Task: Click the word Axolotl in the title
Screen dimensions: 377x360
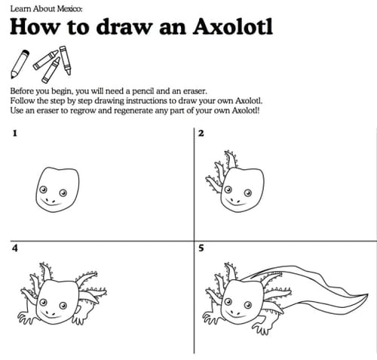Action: coord(233,26)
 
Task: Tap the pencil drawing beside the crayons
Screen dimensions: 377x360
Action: coord(20,64)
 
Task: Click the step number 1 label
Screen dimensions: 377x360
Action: coord(15,133)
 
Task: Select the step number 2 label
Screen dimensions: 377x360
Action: coord(201,133)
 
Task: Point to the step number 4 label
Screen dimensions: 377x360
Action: coord(15,248)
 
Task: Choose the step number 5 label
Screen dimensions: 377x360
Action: coord(201,248)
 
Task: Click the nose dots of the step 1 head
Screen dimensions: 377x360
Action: coord(51,201)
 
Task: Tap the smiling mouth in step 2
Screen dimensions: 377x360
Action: coord(235,202)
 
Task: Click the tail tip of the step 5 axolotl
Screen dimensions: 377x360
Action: coord(367,294)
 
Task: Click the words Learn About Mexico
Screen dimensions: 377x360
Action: coord(46,9)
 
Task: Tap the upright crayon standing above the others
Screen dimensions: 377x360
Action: coord(65,60)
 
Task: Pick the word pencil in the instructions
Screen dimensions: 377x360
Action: coord(143,91)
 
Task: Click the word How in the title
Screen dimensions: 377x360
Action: coord(35,26)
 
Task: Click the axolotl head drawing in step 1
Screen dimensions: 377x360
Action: coord(57,189)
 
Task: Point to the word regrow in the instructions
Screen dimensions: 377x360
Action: coord(83,111)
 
